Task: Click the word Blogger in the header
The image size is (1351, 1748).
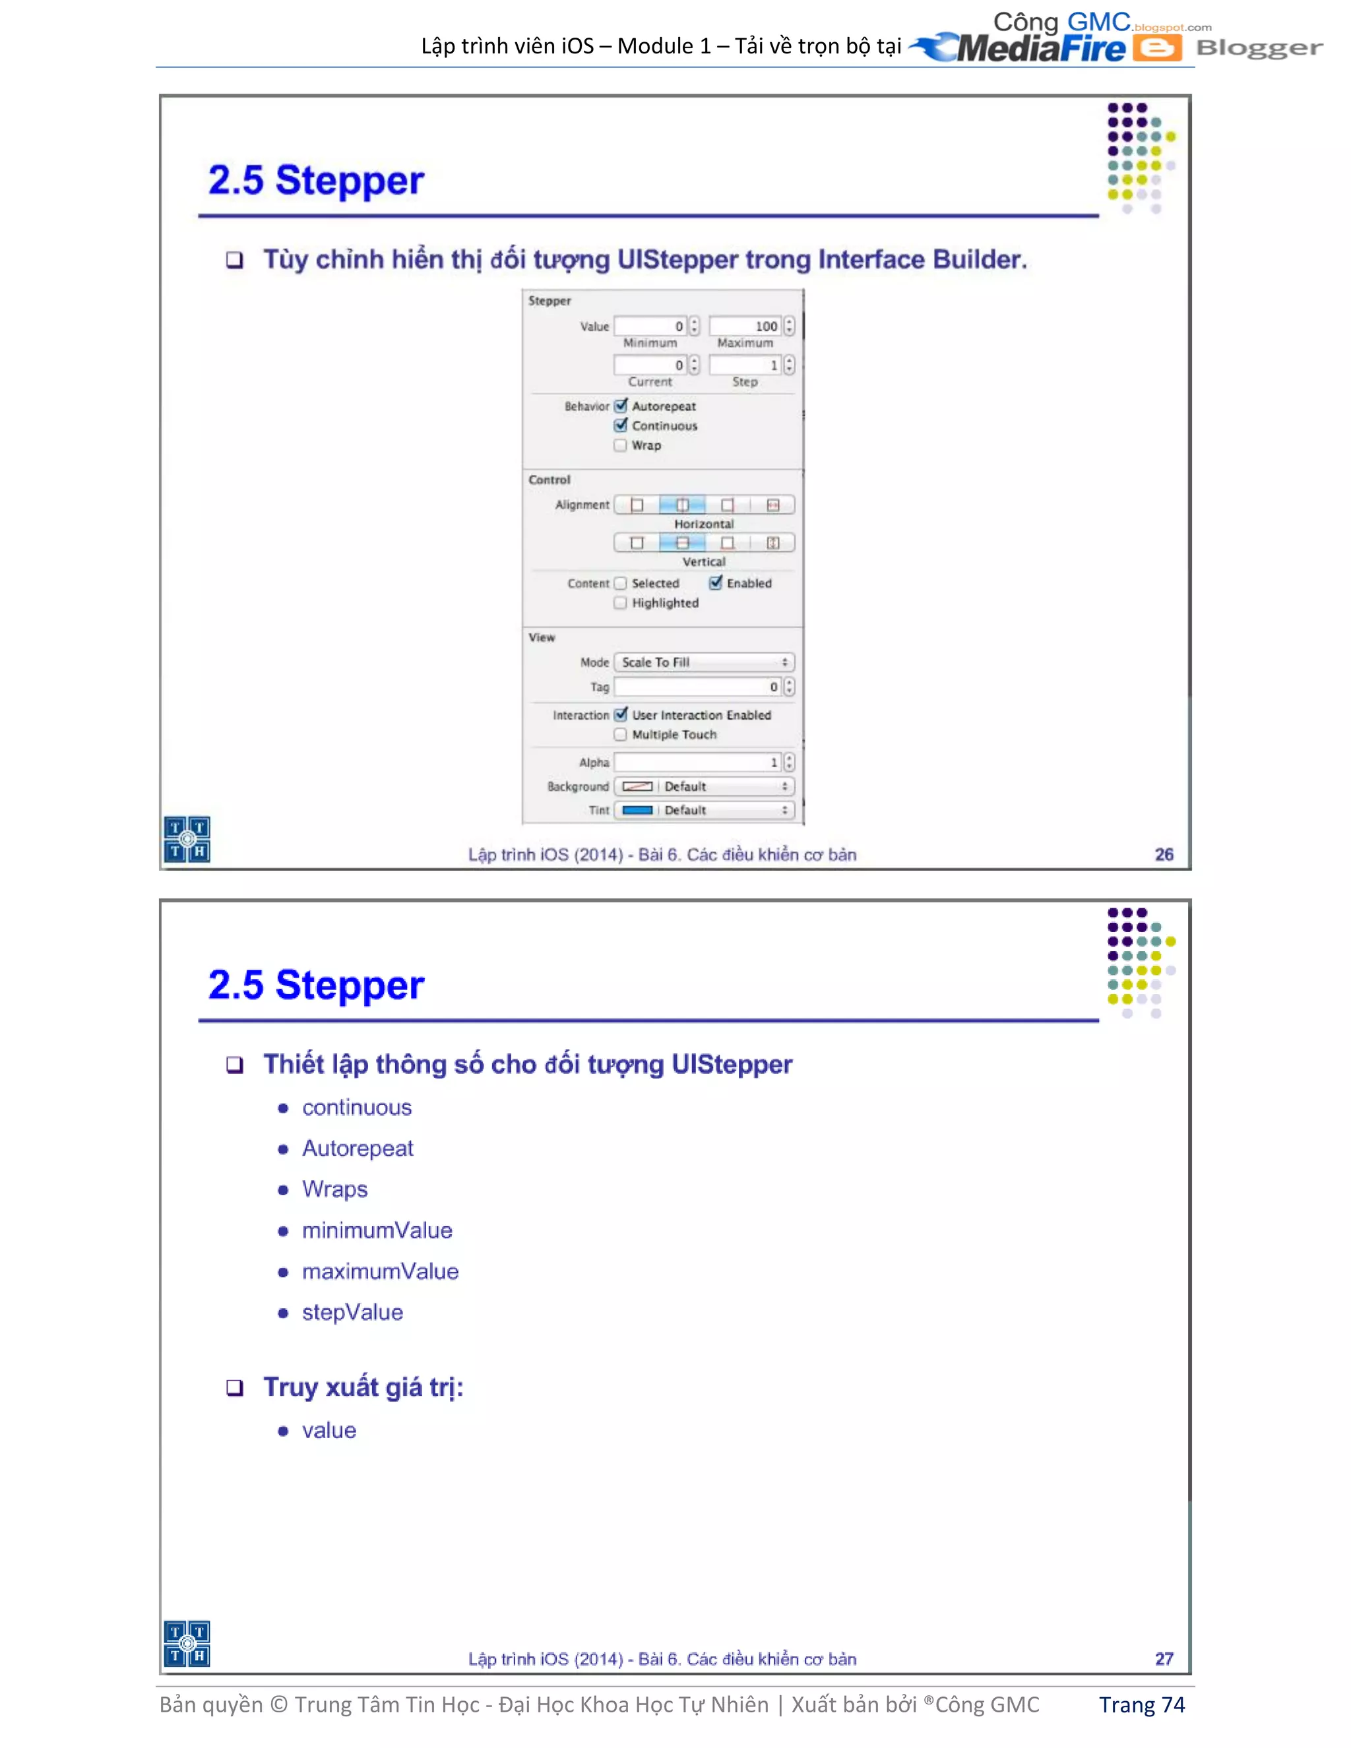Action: tap(1258, 48)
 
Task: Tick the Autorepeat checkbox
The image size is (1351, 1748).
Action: tap(621, 406)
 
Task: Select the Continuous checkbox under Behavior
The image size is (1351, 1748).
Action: tap(621, 425)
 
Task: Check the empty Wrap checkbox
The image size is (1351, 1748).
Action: tap(620, 445)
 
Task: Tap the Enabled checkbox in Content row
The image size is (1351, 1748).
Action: tap(716, 582)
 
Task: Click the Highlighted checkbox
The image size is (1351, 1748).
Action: tap(620, 603)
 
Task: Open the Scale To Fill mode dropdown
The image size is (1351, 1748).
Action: tap(705, 662)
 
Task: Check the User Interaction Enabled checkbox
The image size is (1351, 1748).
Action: tap(621, 715)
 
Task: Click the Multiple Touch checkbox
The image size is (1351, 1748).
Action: tap(620, 734)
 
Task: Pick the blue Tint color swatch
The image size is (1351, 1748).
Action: tap(637, 810)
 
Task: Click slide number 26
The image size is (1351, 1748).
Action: tap(1164, 854)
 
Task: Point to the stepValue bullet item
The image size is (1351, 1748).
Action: tap(352, 1313)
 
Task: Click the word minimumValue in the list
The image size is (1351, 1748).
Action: tap(377, 1230)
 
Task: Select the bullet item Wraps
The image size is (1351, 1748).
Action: tap(334, 1189)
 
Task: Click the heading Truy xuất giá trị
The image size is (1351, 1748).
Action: tap(363, 1387)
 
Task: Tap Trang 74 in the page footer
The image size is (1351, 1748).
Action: tap(1141, 1704)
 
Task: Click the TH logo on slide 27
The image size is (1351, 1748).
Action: tap(187, 1644)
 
